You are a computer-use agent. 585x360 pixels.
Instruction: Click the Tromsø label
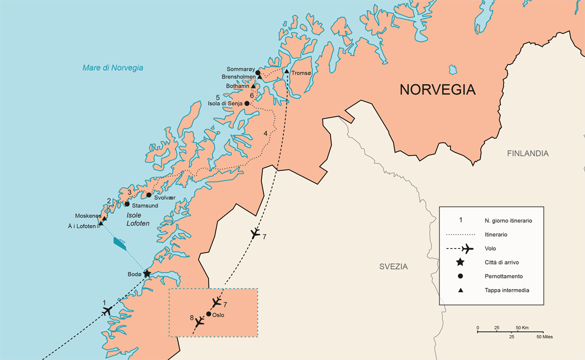click(x=302, y=73)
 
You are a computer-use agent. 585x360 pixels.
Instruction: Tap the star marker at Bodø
click(x=147, y=273)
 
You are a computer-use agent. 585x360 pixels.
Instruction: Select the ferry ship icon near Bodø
click(x=120, y=243)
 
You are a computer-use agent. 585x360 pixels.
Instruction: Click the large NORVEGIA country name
click(x=437, y=89)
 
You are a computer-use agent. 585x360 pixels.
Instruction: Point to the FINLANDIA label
click(x=527, y=153)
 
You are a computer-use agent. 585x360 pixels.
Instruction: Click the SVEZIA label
click(x=393, y=266)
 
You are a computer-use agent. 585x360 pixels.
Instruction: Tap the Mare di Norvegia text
click(x=113, y=68)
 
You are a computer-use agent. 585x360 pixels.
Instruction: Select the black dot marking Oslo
click(x=208, y=314)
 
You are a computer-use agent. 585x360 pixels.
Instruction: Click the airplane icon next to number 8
click(x=199, y=321)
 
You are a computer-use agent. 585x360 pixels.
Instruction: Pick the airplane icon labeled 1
click(x=106, y=311)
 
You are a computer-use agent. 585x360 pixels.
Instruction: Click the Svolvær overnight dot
click(x=148, y=194)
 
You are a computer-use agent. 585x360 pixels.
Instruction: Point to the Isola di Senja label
click(x=225, y=103)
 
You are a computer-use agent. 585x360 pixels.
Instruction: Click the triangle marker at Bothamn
click(x=253, y=86)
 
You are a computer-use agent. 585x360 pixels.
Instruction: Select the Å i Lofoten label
click(x=81, y=226)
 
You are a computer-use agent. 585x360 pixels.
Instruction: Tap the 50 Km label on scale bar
click(x=521, y=328)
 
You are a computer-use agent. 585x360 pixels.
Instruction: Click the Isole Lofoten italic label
click(x=137, y=219)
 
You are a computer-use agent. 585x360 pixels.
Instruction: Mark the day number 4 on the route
click(x=265, y=133)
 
